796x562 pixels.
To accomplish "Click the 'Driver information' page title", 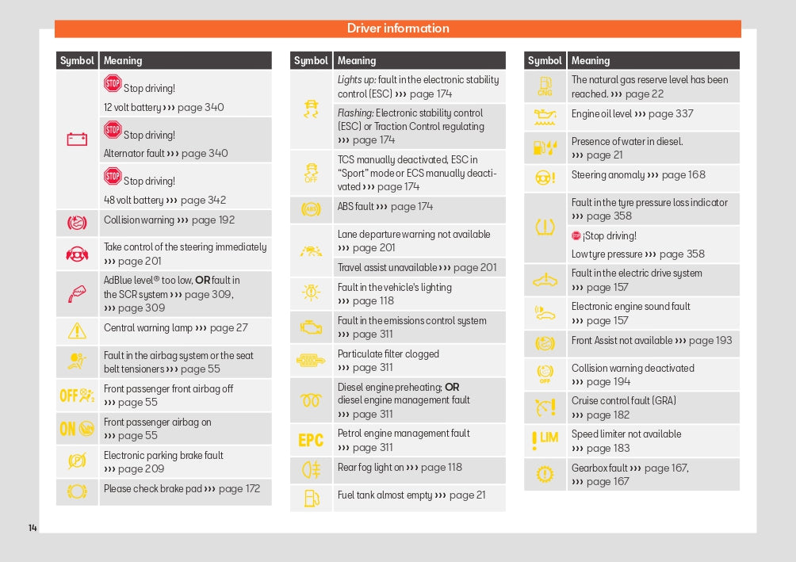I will tap(398, 29).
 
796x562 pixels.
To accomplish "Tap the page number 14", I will tap(33, 528).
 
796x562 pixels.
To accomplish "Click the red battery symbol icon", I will tap(77, 140).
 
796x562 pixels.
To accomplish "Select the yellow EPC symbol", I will tap(311, 441).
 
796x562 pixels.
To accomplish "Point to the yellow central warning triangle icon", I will tap(77, 331).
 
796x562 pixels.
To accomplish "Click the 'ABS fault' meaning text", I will tap(385, 207).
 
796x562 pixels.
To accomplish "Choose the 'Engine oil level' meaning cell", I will tap(632, 114).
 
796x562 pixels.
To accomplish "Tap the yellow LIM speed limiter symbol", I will tap(545, 439).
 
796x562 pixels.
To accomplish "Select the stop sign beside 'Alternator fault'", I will tap(113, 130).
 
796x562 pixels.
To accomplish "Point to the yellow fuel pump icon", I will tap(311, 499).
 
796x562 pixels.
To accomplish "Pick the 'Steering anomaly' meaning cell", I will tap(637, 175).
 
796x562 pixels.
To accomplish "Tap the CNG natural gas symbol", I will tap(545, 86).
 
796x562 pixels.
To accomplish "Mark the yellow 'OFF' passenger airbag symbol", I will tap(77, 395).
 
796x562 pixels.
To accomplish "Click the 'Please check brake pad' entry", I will tap(182, 489).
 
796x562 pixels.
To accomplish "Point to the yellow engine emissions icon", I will tap(311, 327).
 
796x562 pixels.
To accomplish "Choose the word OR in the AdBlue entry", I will tap(203, 281).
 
